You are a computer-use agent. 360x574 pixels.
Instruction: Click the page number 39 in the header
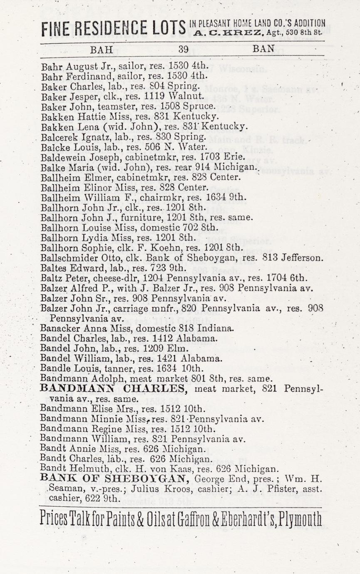pyautogui.click(x=184, y=49)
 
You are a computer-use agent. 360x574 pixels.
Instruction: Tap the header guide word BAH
pyautogui.click(x=102, y=49)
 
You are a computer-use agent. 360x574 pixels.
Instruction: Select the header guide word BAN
pyautogui.click(x=263, y=49)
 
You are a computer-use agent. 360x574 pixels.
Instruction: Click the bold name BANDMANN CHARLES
pyautogui.click(x=112, y=388)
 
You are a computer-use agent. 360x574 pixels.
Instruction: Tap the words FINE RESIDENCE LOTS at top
pyautogui.click(x=113, y=27)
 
